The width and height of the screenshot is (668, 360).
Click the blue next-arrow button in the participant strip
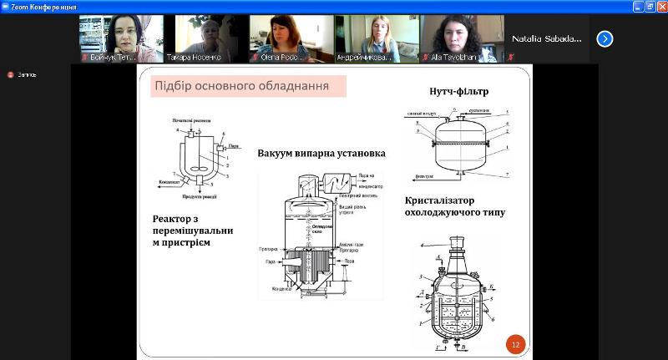[x=605, y=38]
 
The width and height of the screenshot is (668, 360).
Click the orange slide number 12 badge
[x=515, y=343]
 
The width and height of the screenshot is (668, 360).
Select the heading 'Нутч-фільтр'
[x=459, y=90]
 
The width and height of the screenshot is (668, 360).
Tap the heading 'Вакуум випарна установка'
[x=321, y=154]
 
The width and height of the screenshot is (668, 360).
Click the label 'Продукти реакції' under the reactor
[x=200, y=196]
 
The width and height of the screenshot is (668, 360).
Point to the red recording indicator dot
[x=10, y=74]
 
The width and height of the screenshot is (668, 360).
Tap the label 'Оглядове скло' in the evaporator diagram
[x=310, y=229]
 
